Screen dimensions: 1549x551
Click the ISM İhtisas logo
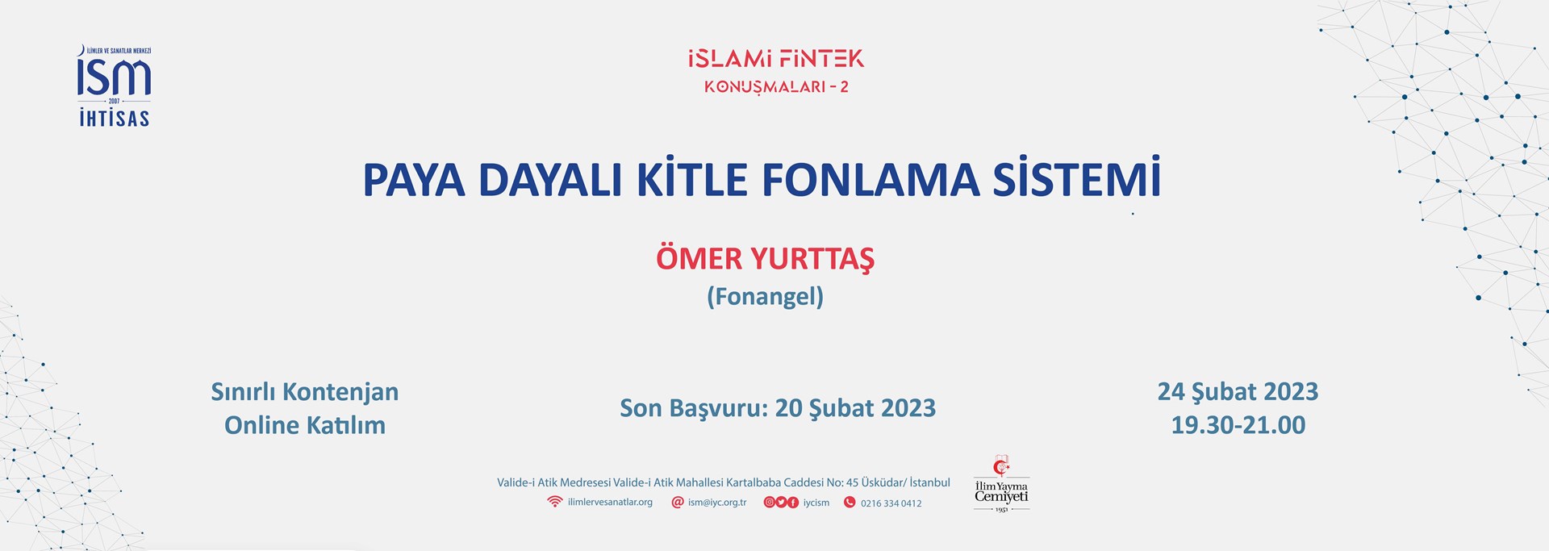[114, 86]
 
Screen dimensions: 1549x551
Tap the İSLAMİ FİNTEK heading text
[776, 58]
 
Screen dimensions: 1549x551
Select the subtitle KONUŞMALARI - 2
[776, 87]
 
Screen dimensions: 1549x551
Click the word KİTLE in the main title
[692, 179]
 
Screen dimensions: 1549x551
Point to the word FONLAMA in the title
[871, 180]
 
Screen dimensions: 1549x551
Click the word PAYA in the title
[414, 180]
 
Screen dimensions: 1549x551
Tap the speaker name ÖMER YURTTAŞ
[765, 259]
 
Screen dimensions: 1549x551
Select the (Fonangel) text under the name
[765, 297]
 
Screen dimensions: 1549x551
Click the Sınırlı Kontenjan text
[305, 392]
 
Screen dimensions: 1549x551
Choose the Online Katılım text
[305, 425]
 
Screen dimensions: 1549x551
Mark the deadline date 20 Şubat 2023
[855, 409]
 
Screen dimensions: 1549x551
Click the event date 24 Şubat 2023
[1238, 392]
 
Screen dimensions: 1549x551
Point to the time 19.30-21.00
[1238, 425]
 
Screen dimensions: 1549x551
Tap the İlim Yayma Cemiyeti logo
[1001, 483]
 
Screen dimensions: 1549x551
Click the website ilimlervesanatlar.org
[610, 503]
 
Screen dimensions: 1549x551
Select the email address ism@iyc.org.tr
[717, 503]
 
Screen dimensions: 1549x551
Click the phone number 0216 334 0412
[891, 503]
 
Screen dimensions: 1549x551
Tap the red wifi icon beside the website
[554, 502]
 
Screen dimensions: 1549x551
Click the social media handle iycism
[816, 503]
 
